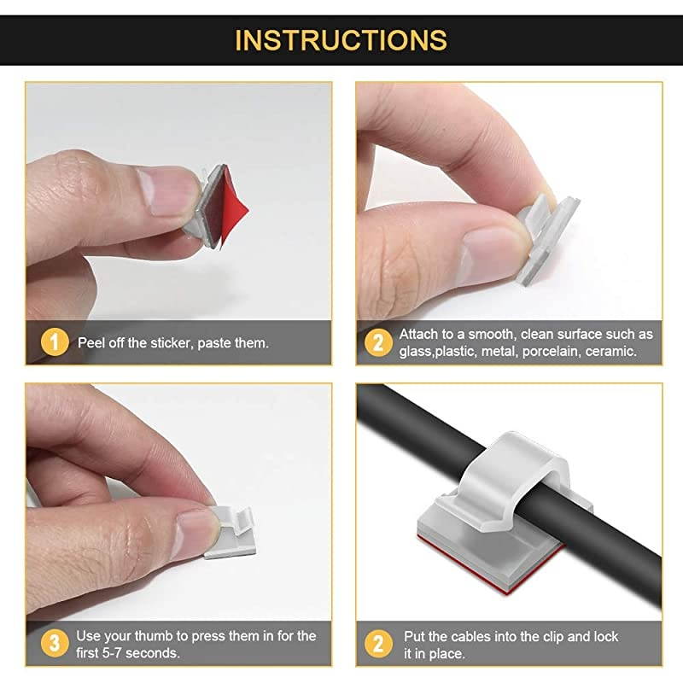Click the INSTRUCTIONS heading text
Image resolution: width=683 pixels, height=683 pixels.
point(341,40)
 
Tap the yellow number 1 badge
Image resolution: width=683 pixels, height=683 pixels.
point(55,342)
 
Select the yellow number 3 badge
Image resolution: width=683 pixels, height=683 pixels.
point(55,644)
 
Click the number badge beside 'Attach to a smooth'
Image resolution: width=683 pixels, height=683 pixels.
point(378,342)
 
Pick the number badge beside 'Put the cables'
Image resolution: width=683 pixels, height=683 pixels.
point(378,644)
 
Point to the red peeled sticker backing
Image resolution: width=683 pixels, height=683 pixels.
point(232,207)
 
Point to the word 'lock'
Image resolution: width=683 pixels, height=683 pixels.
point(606,637)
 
